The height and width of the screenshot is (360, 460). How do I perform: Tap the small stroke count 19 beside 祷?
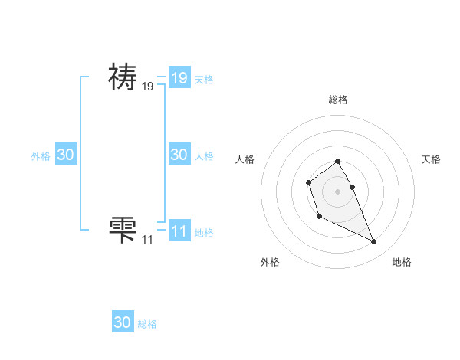click(x=147, y=87)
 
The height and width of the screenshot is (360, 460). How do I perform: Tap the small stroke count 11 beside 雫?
click(x=147, y=240)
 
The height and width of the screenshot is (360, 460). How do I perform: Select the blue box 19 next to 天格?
click(x=179, y=78)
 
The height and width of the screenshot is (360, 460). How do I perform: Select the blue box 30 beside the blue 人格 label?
click(x=179, y=154)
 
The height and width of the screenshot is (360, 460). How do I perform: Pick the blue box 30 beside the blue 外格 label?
click(x=66, y=154)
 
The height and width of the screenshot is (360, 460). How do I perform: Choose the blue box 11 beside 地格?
click(x=179, y=231)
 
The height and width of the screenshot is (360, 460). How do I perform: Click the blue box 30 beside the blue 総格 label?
click(x=123, y=322)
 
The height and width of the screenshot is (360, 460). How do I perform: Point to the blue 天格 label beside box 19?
click(x=204, y=80)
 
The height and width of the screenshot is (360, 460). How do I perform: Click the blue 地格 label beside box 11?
click(x=204, y=232)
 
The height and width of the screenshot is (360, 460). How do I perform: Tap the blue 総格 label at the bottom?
click(x=147, y=324)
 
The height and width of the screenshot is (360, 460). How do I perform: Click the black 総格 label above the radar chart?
click(x=337, y=100)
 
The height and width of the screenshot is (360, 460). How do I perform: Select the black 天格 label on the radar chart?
click(x=431, y=159)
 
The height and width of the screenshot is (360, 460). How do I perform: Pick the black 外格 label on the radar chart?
click(x=270, y=262)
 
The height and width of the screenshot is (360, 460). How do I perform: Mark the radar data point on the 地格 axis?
click(x=374, y=242)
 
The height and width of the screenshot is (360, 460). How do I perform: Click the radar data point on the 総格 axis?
click(x=337, y=161)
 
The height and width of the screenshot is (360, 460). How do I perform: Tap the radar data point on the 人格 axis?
click(x=308, y=182)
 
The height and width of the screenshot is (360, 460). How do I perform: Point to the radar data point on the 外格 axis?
click(x=319, y=217)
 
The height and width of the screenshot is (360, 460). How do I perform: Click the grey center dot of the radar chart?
click(x=337, y=191)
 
